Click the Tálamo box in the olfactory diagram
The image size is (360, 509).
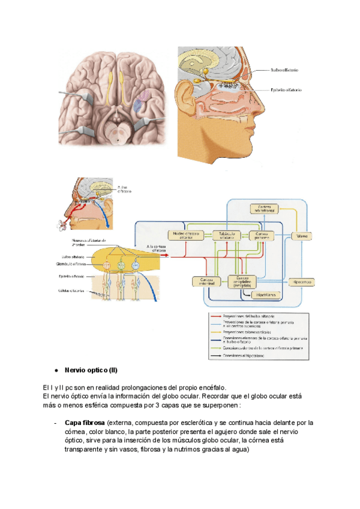tap(302, 236)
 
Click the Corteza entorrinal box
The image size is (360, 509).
tap(202, 281)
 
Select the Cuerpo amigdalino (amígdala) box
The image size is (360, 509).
tap(243, 280)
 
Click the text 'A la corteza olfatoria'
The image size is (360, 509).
tap(158, 248)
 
